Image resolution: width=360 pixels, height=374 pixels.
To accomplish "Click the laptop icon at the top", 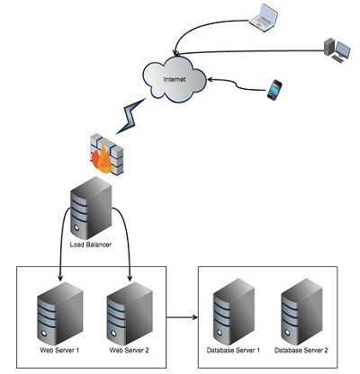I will [265, 15].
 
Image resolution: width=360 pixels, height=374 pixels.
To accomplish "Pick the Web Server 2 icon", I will [125, 310].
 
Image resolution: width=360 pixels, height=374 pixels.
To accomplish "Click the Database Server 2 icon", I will [301, 310].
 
